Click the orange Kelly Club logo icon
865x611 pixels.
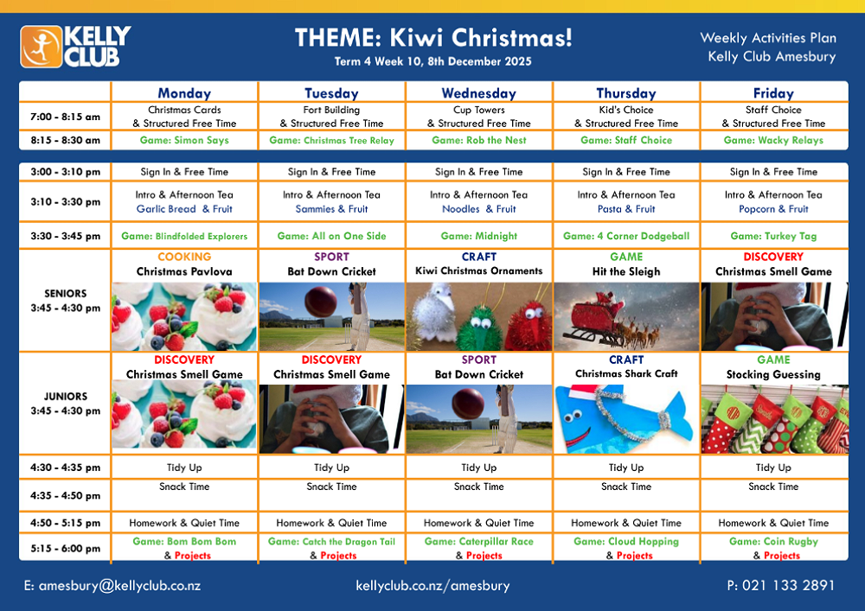pos(41,47)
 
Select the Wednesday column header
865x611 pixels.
pos(479,93)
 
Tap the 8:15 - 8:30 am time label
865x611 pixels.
pos(65,141)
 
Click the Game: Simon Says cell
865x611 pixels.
pos(184,141)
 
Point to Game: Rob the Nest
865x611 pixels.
pos(479,141)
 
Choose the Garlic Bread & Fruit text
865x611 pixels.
pos(184,209)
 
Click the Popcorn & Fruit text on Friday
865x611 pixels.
pos(773,209)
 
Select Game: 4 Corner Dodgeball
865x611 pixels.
pos(626,236)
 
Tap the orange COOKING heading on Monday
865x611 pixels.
pos(184,257)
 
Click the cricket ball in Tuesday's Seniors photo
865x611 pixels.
pos(321,302)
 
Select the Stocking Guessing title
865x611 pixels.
pos(773,375)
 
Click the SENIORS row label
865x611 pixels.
pos(66,294)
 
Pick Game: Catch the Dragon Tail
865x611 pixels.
pos(331,542)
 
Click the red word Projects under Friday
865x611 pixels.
pos(782,556)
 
